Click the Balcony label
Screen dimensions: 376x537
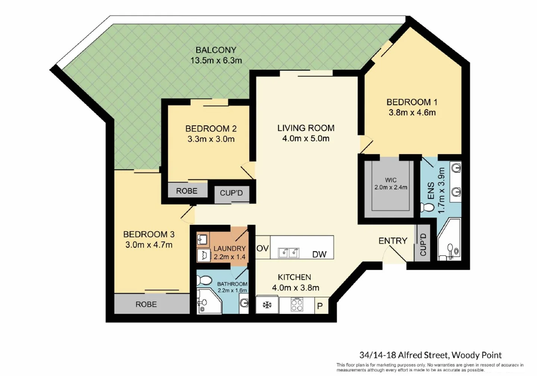coord(216,50)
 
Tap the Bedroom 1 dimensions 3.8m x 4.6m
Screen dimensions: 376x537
coord(412,113)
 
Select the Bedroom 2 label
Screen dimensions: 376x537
coord(211,129)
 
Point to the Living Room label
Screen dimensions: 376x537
coord(306,128)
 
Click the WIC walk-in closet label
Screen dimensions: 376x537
coord(390,180)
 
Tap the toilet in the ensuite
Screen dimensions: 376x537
coord(427,207)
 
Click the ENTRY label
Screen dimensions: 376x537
coord(393,241)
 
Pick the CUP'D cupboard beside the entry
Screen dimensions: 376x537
coord(423,245)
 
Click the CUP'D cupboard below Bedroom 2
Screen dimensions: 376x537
coord(231,193)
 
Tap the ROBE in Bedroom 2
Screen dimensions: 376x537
coord(186,191)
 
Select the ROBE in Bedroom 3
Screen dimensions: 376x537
coord(146,304)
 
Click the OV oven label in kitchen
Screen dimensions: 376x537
coord(263,248)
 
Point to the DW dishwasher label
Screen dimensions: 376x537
coord(319,254)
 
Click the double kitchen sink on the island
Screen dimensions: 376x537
coord(289,253)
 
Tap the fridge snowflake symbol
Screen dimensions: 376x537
coord(267,305)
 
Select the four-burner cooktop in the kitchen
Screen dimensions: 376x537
coord(297,305)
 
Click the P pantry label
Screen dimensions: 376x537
coord(320,306)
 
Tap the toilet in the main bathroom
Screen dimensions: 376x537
coord(204,280)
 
